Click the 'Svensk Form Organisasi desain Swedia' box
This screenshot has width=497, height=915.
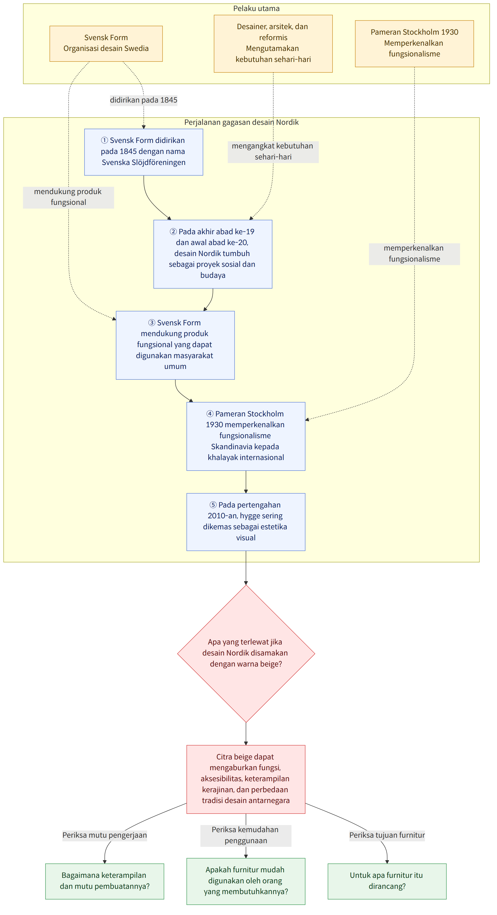(x=106, y=44)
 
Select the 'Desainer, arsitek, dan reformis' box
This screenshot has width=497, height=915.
(x=273, y=44)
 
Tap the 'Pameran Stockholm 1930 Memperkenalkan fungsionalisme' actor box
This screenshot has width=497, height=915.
(x=414, y=44)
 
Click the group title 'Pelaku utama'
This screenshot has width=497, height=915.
(x=256, y=8)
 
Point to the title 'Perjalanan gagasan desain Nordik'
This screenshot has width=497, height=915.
(x=242, y=122)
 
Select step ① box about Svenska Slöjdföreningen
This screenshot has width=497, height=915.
(x=143, y=152)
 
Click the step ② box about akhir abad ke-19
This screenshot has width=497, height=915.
(x=213, y=254)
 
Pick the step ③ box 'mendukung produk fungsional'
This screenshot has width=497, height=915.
(x=175, y=345)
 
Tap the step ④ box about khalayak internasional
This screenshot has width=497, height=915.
(x=246, y=436)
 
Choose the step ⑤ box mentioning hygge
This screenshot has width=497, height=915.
(x=246, y=522)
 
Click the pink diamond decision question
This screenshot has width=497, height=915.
(x=246, y=654)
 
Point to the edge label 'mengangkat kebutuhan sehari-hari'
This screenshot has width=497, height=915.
(x=273, y=151)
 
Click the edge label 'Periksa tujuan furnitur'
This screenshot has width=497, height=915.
(x=387, y=835)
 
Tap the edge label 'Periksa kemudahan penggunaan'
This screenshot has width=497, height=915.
(x=246, y=835)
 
